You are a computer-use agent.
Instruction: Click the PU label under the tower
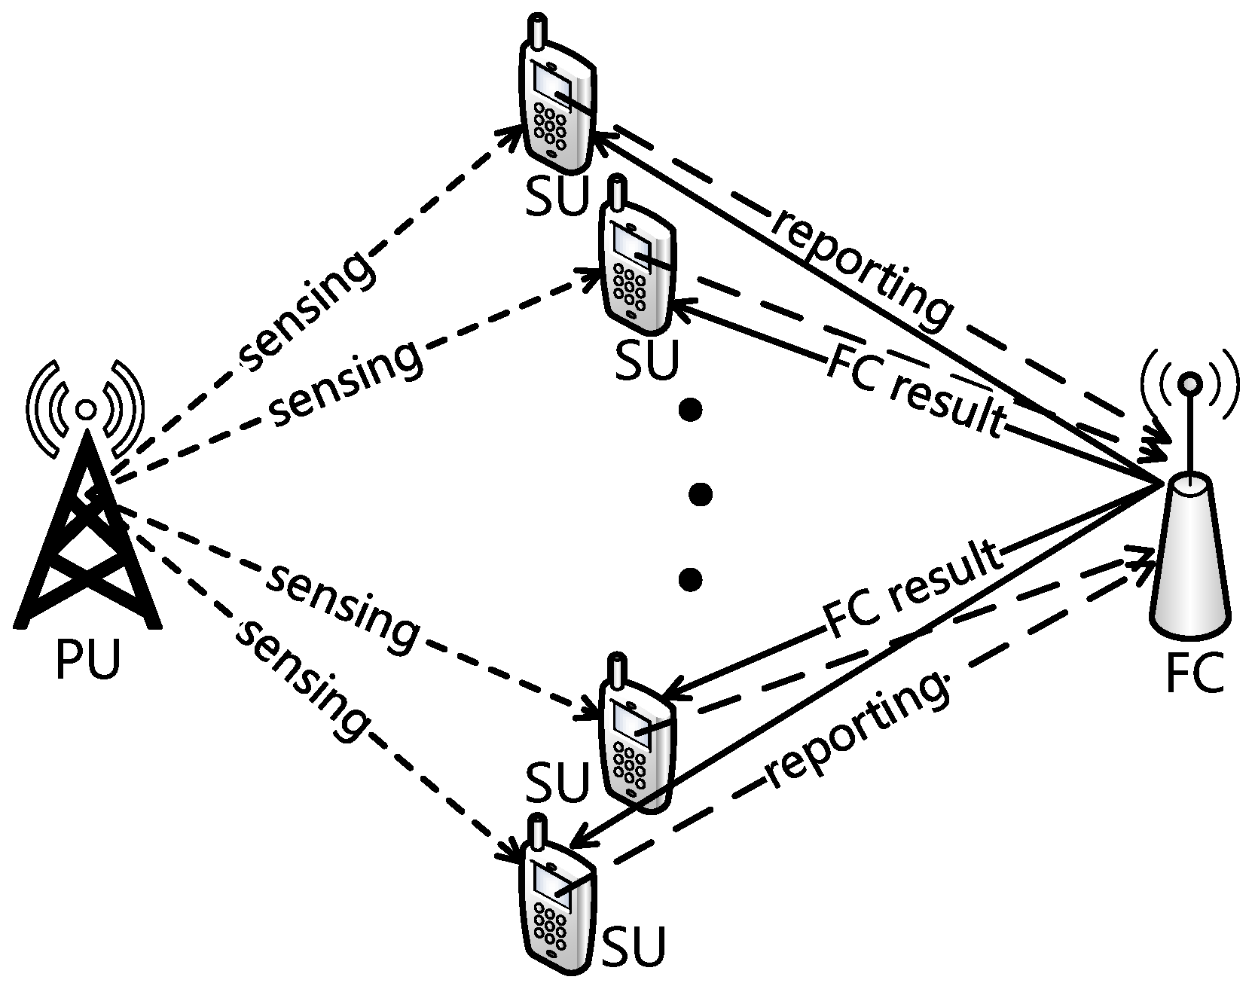(x=88, y=661)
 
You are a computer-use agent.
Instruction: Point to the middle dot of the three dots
(x=701, y=494)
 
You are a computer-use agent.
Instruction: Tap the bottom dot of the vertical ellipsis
(x=690, y=578)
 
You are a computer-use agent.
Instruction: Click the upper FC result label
(x=915, y=392)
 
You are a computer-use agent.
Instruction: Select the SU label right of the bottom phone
(x=635, y=945)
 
